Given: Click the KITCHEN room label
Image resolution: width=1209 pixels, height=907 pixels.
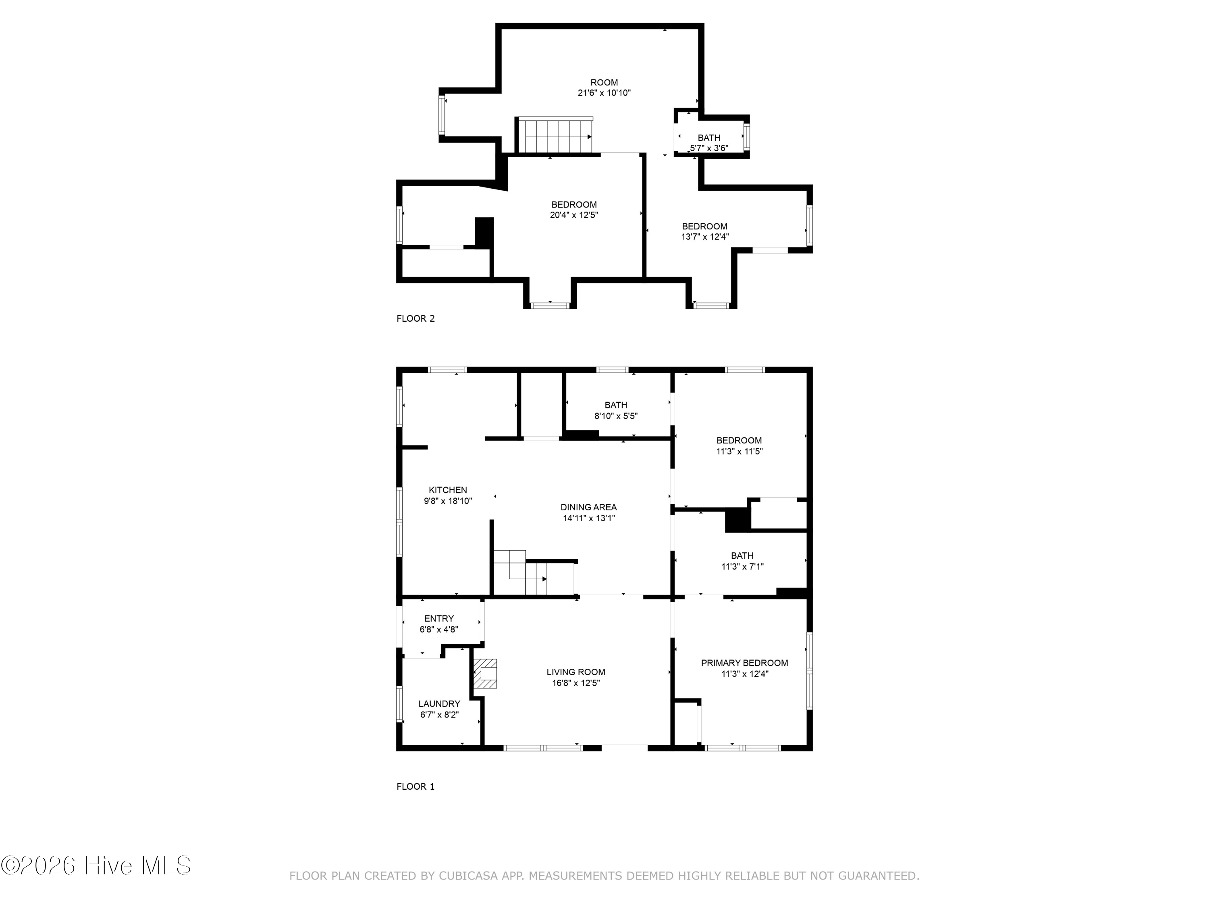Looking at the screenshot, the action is [448, 490].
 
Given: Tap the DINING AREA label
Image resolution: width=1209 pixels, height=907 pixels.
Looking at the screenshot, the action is [589, 508].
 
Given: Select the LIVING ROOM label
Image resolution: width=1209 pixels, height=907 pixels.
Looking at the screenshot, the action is [576, 672].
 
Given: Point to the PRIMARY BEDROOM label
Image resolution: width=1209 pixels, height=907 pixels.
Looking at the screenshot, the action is [744, 663].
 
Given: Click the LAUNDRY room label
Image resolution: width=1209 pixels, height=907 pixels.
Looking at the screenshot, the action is [439, 703].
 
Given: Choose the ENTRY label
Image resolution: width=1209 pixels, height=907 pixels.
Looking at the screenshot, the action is [439, 618].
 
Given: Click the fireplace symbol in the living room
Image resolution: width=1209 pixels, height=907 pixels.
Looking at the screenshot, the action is [485, 674].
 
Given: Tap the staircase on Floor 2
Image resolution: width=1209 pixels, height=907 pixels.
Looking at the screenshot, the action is [555, 135].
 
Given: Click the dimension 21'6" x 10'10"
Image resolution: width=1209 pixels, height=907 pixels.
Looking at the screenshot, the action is [604, 93].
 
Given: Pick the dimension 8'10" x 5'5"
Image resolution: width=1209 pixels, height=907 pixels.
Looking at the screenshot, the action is [616, 416].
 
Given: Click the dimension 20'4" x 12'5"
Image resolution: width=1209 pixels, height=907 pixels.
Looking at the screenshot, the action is [574, 215].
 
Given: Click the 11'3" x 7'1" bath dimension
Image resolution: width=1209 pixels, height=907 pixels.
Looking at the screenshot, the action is [742, 566].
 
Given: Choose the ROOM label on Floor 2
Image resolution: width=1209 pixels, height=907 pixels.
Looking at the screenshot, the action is [604, 83].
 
